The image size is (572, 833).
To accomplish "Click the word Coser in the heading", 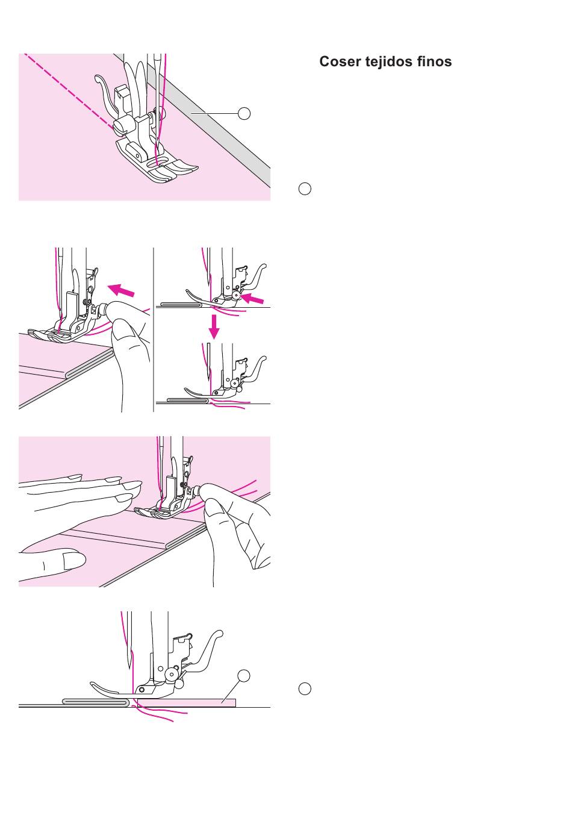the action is click(x=340, y=61).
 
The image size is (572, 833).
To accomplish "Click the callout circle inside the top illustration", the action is click(x=244, y=113).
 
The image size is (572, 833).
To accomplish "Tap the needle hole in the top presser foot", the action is click(x=152, y=164).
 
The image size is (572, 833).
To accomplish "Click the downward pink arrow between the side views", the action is click(x=214, y=326).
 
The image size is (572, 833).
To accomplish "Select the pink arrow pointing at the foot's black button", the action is click(x=252, y=298).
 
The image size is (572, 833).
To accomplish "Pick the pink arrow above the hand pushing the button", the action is click(x=121, y=290).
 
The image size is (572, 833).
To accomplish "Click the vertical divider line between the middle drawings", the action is click(x=153, y=329).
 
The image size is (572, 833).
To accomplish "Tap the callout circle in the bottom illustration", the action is click(x=244, y=676).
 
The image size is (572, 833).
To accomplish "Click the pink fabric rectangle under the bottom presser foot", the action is click(x=186, y=703).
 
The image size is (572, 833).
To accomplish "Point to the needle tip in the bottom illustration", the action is click(x=129, y=668).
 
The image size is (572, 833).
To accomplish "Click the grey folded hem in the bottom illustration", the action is click(x=96, y=702).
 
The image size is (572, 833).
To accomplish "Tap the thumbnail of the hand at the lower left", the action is click(x=74, y=561).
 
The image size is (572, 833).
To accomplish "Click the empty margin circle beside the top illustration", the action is click(x=305, y=189).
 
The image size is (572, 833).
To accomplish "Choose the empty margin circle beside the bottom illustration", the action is click(x=305, y=688).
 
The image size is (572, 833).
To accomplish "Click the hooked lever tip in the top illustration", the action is click(x=98, y=79).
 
